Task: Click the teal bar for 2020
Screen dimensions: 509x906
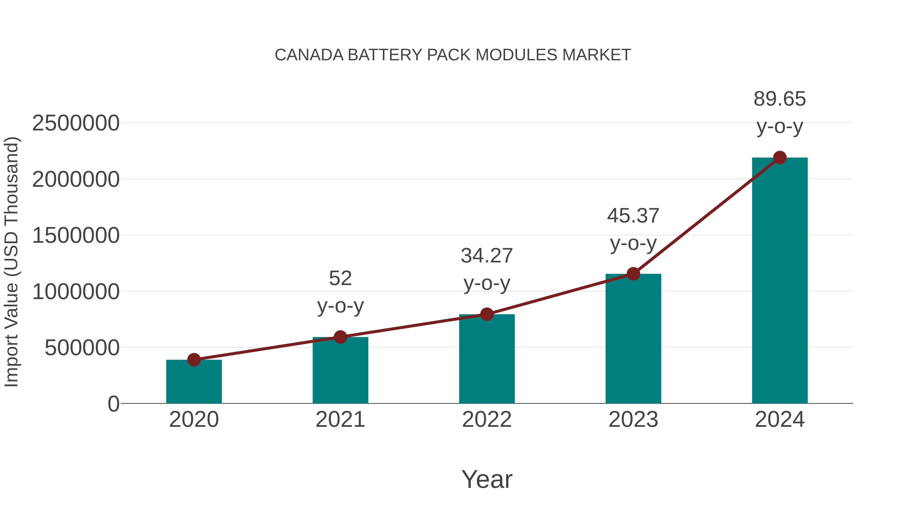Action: (194, 383)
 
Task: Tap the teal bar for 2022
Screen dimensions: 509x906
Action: (487, 360)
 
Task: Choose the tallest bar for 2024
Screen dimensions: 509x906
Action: (780, 281)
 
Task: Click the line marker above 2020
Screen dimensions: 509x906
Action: (194, 360)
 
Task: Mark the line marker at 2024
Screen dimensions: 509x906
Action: (780, 158)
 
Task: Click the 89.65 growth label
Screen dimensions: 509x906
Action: (779, 99)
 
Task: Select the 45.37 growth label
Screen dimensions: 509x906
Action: (633, 216)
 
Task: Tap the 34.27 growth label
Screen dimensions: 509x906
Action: (487, 256)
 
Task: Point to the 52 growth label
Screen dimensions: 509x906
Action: (340, 279)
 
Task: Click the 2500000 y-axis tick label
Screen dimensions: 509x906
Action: (75, 124)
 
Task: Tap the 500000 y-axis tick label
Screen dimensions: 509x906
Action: (82, 348)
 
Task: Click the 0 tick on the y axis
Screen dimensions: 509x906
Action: (114, 404)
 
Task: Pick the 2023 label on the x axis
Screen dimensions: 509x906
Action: (633, 420)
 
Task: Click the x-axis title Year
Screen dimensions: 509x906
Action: (487, 480)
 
